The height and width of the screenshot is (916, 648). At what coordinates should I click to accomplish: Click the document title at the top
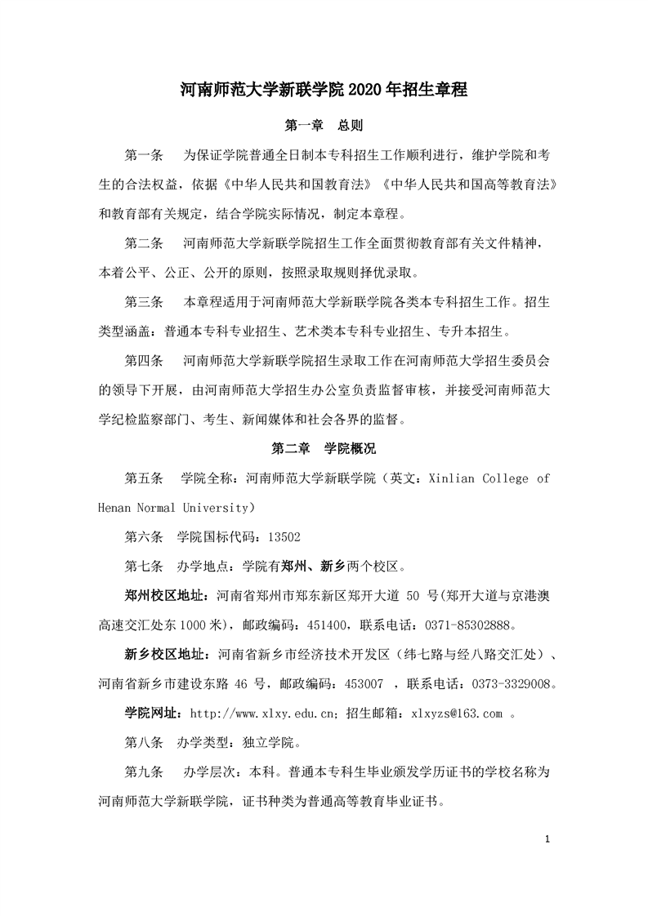324,90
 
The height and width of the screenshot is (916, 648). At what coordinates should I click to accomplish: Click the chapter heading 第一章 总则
324,127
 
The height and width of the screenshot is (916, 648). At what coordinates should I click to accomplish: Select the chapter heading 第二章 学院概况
324,448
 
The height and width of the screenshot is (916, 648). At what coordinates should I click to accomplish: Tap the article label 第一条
145,156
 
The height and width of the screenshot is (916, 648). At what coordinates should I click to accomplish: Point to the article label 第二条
145,244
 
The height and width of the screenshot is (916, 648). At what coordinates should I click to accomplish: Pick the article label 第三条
145,303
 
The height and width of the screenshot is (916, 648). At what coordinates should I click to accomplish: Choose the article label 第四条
145,361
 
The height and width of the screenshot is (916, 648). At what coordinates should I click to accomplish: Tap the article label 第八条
145,743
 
